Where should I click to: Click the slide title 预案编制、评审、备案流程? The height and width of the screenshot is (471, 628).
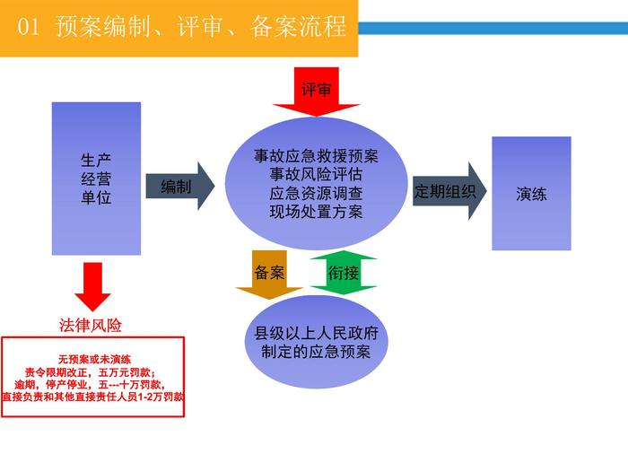click(x=199, y=27)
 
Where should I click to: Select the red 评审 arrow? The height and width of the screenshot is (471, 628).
click(x=317, y=92)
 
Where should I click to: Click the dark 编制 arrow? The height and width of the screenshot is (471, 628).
click(x=179, y=187)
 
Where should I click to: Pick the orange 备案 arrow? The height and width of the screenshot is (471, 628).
click(x=269, y=275)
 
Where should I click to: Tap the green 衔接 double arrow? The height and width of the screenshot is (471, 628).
click(x=344, y=274)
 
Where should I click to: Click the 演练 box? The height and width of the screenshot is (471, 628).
click(x=531, y=193)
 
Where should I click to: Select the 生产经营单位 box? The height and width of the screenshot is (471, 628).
click(x=96, y=179)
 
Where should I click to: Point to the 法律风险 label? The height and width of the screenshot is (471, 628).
click(x=91, y=324)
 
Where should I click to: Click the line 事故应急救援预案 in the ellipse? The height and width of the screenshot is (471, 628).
click(x=316, y=156)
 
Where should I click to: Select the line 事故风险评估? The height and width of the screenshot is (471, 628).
click(x=316, y=174)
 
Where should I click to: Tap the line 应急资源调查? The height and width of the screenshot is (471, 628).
click(x=316, y=193)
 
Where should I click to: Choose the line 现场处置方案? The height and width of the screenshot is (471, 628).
click(x=316, y=212)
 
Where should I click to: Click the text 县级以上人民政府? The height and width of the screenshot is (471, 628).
click(x=316, y=333)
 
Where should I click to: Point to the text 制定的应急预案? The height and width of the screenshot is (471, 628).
click(x=316, y=352)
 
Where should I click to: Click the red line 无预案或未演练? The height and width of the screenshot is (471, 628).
click(x=93, y=356)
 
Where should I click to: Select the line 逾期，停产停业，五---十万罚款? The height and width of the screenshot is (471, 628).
click(x=93, y=383)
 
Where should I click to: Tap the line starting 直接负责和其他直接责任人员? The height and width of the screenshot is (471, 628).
click(x=93, y=396)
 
